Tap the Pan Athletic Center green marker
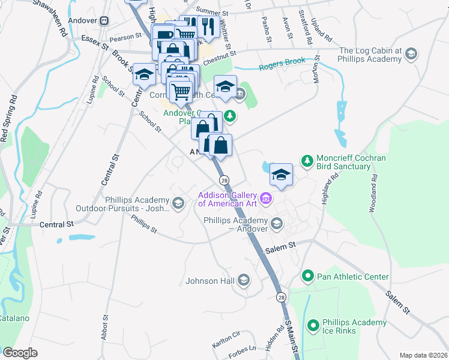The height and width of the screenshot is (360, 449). point(307,277)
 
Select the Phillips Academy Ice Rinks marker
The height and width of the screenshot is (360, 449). point(313,326)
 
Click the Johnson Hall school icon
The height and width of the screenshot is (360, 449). point(243,280)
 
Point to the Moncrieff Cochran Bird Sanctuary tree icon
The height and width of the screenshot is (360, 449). point(307,160)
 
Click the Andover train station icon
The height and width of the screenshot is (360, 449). point(103,20)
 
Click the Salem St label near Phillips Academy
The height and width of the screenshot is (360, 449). point(283,245)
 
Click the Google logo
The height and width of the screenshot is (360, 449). point(20,352)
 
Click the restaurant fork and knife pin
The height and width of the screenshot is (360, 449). point(206,27)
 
